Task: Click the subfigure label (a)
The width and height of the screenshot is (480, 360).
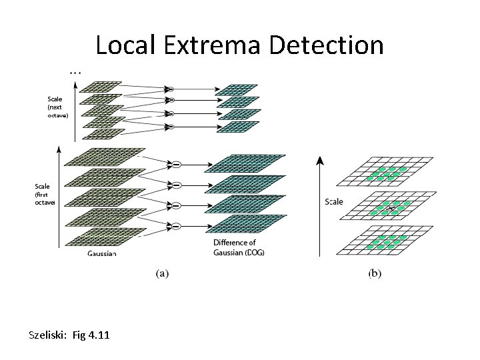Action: [x=161, y=273]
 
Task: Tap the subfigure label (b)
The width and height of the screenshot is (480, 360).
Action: [x=375, y=273]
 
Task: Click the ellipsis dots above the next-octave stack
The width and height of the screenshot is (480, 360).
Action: [x=75, y=70]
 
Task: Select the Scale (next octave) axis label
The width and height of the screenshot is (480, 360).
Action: [x=57, y=107]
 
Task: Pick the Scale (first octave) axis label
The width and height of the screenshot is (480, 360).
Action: [x=45, y=194]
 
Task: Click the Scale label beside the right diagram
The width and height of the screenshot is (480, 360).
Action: [x=333, y=201]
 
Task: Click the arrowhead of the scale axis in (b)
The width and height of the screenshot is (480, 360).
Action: [x=320, y=161]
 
